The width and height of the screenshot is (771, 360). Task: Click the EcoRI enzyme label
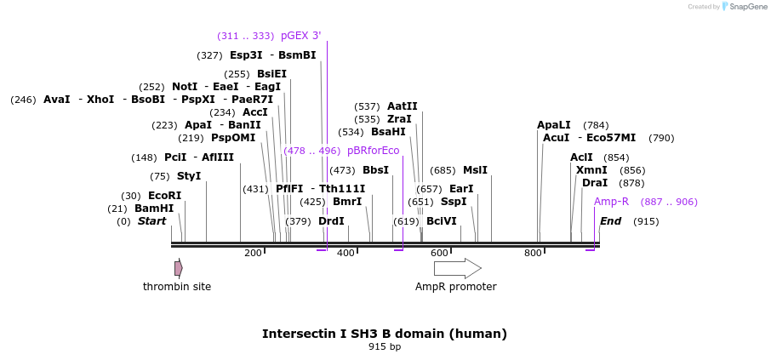pyautogui.click(x=164, y=196)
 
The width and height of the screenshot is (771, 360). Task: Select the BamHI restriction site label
pyautogui.click(x=154, y=209)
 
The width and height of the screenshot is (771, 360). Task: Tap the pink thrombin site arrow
pyautogui.click(x=178, y=268)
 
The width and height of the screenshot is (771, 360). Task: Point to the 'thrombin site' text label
pyautogui.click(x=177, y=287)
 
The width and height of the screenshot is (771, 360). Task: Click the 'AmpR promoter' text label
pyautogui.click(x=455, y=287)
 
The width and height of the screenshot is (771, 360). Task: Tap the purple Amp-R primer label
pyautogui.click(x=611, y=202)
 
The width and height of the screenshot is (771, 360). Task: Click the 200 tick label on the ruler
pyautogui.click(x=253, y=253)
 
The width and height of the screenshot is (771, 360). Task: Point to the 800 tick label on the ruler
pyautogui.click(x=533, y=253)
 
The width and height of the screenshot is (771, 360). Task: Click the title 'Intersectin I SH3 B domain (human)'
pyautogui.click(x=385, y=334)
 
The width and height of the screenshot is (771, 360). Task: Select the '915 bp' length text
pyautogui.click(x=385, y=346)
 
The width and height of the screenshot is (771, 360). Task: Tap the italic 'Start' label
pyautogui.click(x=151, y=221)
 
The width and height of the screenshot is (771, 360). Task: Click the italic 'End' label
pyautogui.click(x=610, y=221)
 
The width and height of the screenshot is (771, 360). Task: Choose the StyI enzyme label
pyautogui.click(x=189, y=176)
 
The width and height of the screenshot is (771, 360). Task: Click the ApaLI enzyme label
pyautogui.click(x=554, y=125)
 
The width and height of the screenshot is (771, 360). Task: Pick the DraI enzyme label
pyautogui.click(x=595, y=183)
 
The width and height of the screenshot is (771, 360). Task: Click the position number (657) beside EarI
pyautogui.click(x=429, y=189)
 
